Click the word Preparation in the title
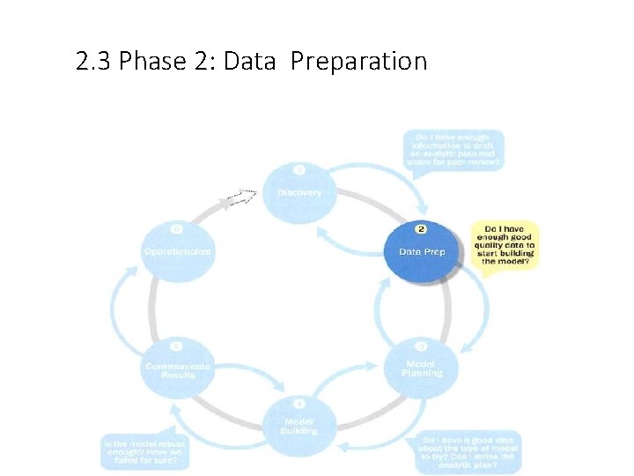pyautogui.click(x=358, y=62)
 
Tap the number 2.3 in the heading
pyautogui.click(x=93, y=62)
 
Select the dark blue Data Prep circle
pyautogui.click(x=422, y=250)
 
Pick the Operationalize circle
pyautogui.click(x=178, y=250)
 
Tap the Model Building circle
pyautogui.click(x=299, y=425)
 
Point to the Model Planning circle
pyautogui.click(x=422, y=368)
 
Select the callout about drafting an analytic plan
pyautogui.click(x=454, y=150)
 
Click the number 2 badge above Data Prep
pyautogui.click(x=422, y=229)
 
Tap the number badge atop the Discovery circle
pyautogui.click(x=299, y=169)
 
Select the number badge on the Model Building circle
pyautogui.click(x=299, y=404)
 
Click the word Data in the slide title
pyautogui.click(x=251, y=62)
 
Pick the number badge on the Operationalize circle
pyautogui.click(x=178, y=228)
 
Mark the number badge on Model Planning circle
pyautogui.click(x=422, y=346)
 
